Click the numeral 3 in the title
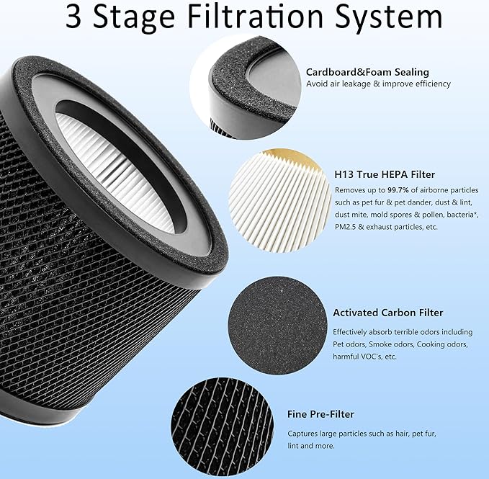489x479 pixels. coord(75,18)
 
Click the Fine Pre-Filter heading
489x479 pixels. coord(320,414)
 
